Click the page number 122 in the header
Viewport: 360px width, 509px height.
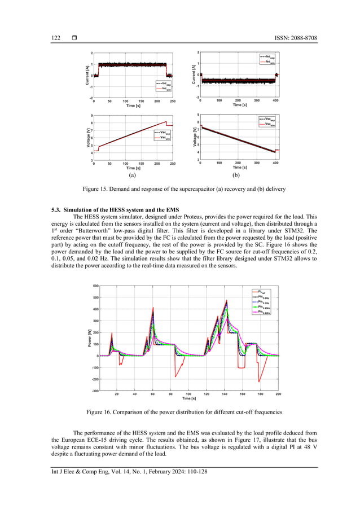coord(56,38)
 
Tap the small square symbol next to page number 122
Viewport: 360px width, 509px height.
coord(74,38)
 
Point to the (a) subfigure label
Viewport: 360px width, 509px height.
coord(132,175)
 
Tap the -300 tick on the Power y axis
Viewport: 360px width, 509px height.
coord(95,390)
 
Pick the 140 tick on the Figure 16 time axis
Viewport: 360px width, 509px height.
coord(225,394)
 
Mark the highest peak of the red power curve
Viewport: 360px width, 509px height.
coord(227,300)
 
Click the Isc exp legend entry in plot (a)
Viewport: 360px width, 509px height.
coord(164,83)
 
